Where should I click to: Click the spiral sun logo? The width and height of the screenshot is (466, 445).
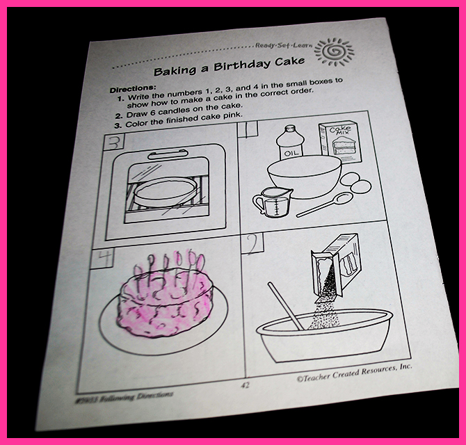[335, 51]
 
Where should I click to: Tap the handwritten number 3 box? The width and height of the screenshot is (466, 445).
[114, 143]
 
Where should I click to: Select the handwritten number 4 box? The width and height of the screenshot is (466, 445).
[102, 258]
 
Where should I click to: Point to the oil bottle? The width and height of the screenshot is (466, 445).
[289, 143]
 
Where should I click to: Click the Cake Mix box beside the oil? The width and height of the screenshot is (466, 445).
[341, 142]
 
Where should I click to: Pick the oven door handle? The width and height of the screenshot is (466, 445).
[168, 154]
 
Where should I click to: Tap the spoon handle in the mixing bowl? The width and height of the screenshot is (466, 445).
[285, 306]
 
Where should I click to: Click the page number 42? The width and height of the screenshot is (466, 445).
[246, 386]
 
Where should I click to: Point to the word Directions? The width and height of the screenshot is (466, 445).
[133, 88]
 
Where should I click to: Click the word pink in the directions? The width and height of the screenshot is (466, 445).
[233, 115]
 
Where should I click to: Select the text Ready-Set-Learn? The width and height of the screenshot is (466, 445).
[284, 45]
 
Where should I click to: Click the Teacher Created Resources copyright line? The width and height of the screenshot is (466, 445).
[354, 372]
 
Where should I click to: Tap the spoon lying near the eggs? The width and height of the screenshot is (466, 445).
[325, 204]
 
